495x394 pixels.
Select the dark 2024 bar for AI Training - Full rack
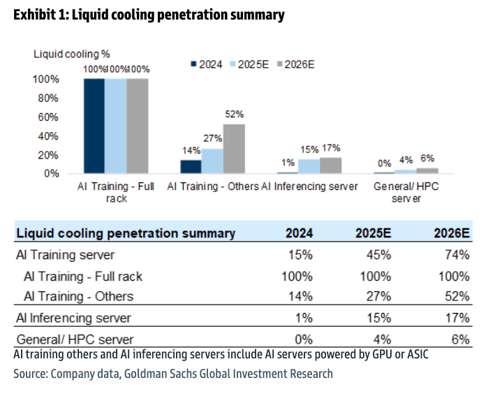point(94,126)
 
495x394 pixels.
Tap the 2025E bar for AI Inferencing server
point(309,166)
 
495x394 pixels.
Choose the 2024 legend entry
point(207,64)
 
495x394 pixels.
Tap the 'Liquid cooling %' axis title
point(72,53)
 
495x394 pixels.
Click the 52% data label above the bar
point(234,115)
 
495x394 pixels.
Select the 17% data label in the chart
point(331,148)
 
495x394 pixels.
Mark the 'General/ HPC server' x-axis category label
point(406,192)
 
